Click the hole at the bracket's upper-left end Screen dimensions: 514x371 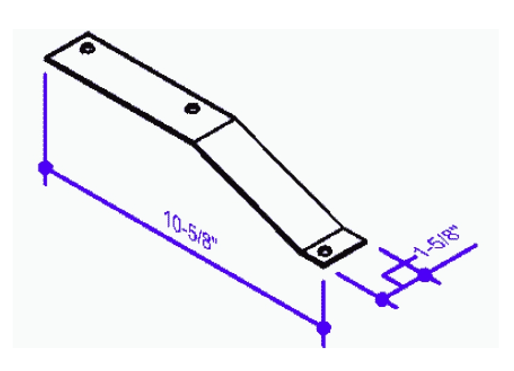88,49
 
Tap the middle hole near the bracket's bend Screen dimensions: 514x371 192,108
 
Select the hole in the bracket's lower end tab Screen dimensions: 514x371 325,251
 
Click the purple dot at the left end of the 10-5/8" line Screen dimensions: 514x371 45,167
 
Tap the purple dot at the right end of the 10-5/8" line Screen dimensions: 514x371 324,327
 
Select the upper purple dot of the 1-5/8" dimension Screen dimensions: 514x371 425,274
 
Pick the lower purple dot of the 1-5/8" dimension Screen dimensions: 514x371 382,299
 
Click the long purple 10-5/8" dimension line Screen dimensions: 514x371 184,248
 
